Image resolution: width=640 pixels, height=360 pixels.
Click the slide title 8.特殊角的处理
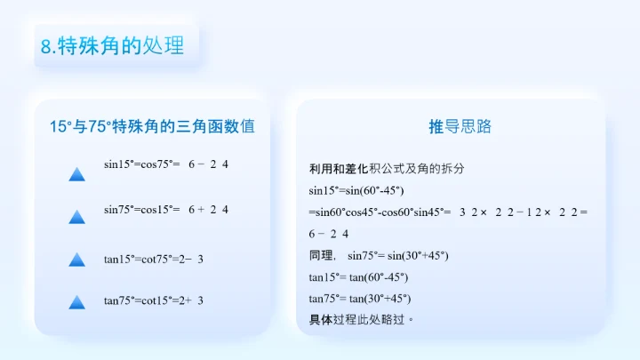(113, 45)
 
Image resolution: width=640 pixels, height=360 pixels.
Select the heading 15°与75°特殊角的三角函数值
(152, 127)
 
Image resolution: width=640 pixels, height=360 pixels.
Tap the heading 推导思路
(460, 127)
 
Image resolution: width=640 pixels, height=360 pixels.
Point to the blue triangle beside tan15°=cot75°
(76, 260)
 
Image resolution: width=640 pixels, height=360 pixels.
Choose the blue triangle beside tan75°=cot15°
(76, 302)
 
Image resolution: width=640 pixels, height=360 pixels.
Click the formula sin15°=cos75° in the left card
(142, 164)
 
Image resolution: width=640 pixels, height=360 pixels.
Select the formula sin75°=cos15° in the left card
(142, 210)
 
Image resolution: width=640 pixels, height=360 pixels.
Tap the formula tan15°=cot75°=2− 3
(154, 259)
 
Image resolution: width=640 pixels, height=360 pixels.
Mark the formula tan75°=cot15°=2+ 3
(154, 300)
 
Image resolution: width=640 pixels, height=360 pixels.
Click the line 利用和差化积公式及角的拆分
(387, 169)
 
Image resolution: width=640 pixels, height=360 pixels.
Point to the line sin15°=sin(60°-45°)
(356, 190)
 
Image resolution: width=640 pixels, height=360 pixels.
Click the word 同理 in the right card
(322, 256)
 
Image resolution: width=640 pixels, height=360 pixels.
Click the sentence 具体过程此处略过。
(362, 319)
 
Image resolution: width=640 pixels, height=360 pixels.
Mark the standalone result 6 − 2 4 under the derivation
(329, 234)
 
